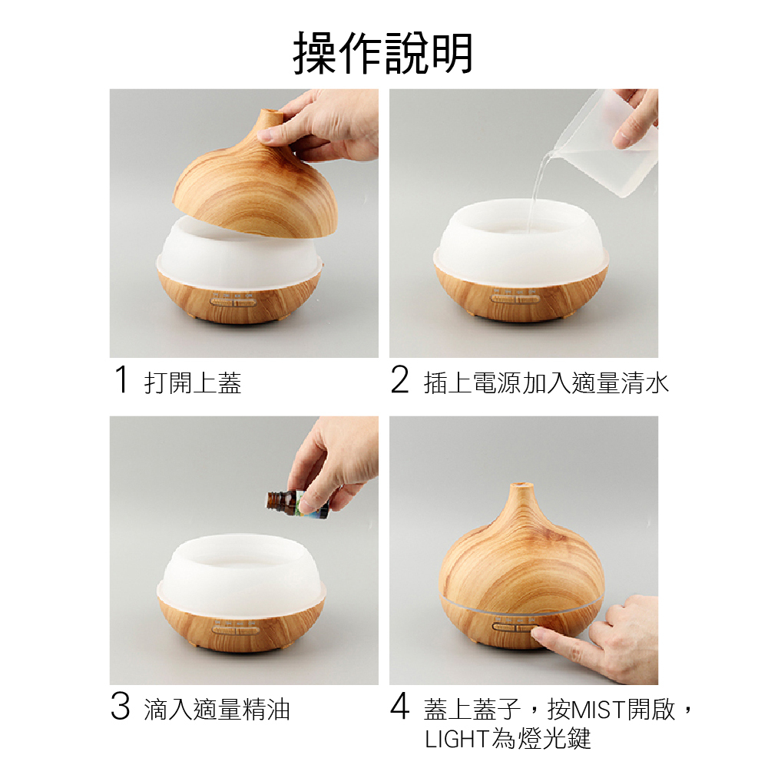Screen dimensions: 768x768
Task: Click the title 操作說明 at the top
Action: (382, 53)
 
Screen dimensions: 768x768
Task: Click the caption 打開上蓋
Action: (193, 382)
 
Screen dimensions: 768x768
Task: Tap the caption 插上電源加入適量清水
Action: (546, 382)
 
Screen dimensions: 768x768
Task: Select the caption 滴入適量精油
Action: (217, 709)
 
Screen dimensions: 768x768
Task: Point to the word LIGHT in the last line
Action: (457, 739)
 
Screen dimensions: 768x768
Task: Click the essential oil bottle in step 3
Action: (296, 504)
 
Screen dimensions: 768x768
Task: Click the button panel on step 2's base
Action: (515, 298)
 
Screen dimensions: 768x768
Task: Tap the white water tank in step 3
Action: (241, 570)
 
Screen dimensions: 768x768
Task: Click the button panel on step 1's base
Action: (233, 301)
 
